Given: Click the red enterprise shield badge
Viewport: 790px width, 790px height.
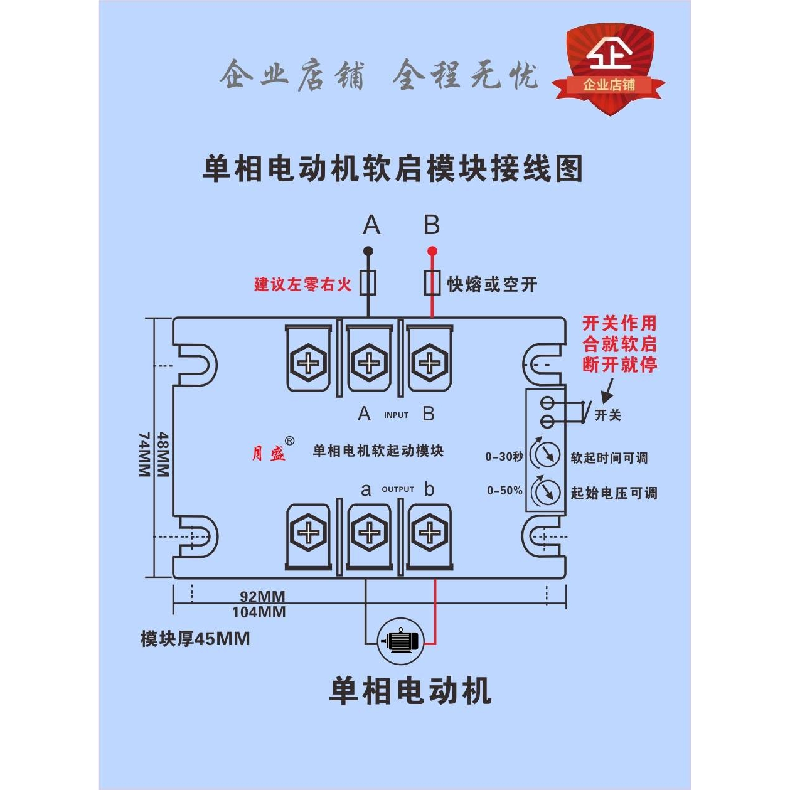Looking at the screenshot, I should tap(609, 69).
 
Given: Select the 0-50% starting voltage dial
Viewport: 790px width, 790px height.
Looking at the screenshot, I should tap(545, 491).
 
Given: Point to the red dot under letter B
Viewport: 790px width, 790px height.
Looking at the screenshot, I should tap(432, 251).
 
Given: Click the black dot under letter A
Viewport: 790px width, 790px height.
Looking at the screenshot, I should tap(368, 251).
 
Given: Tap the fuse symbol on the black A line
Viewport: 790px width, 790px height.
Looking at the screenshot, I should tap(368, 283).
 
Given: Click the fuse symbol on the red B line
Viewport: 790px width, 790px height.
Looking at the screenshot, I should tap(432, 283).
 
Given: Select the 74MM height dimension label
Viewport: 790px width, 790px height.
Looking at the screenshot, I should tap(144, 454).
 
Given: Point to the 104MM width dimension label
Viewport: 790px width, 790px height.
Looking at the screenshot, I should tap(259, 612).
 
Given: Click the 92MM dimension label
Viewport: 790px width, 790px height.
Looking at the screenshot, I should tap(262, 597).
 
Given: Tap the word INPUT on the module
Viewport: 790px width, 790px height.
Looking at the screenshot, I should tap(396, 415).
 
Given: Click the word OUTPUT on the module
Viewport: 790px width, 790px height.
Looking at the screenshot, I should tap(398, 489).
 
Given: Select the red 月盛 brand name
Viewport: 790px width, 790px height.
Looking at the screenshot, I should tap(269, 453).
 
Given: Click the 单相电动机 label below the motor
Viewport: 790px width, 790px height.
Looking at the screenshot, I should tap(410, 691).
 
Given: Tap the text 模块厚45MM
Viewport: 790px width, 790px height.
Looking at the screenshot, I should tap(195, 639).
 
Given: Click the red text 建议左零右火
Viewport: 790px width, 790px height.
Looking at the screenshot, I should tap(302, 285).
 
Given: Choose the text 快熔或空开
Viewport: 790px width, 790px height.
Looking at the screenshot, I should tap(492, 285).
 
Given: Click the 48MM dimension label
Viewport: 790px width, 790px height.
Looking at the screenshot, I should tap(163, 454).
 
